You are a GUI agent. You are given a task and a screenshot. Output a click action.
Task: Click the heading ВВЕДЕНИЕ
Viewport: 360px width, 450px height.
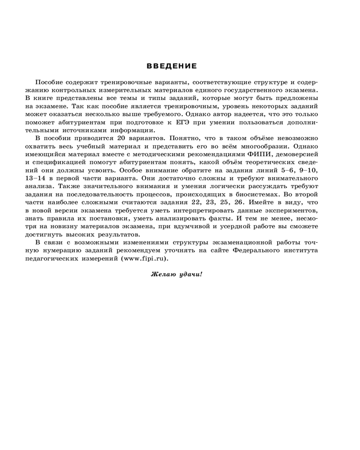(x=172, y=66)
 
